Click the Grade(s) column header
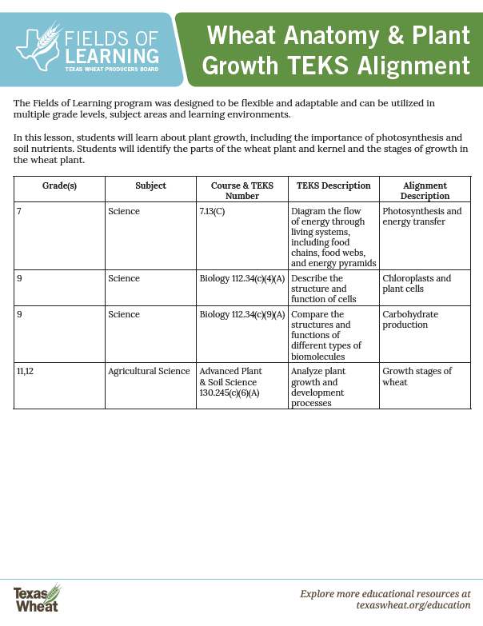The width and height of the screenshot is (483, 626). [59, 185]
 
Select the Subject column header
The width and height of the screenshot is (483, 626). [151, 185]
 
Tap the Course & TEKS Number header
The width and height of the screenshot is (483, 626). [242, 190]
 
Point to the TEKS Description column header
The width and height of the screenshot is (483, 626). [333, 185]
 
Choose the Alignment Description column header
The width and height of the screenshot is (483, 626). [425, 190]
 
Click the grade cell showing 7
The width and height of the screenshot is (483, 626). [18, 211]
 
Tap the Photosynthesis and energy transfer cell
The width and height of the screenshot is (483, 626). [422, 217]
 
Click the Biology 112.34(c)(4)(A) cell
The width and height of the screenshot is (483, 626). [241, 278]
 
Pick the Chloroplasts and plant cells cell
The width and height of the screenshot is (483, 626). [417, 284]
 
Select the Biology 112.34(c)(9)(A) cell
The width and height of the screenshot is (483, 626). [241, 314]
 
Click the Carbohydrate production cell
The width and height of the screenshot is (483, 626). [410, 320]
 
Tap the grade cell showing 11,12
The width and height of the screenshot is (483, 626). [25, 371]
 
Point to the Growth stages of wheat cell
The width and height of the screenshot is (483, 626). [417, 377]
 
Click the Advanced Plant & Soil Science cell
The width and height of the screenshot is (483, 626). [230, 382]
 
